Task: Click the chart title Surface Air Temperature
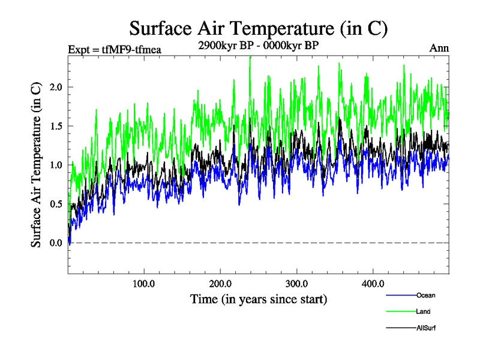(259, 28)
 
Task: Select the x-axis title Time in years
(259, 298)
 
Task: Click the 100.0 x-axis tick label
(144, 283)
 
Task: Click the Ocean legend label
(425, 295)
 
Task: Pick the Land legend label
(423, 311)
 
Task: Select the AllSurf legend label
(425, 328)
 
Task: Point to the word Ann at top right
(439, 49)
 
